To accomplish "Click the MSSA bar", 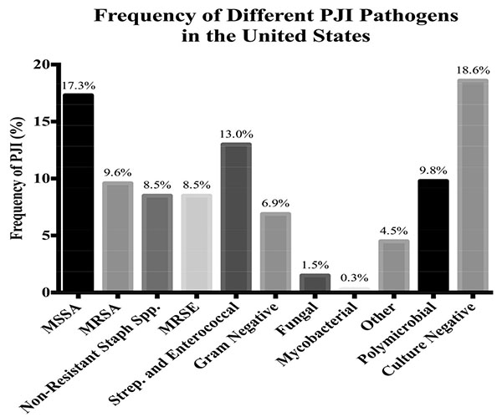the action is click(78, 192).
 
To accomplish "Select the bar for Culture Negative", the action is click(473, 185).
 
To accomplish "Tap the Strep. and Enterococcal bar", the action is click(236, 216).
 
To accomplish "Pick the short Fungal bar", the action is click(315, 282).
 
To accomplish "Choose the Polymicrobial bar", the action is click(433, 235).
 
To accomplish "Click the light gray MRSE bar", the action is click(197, 242).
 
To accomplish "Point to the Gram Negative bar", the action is click(275, 252).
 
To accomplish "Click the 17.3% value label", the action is click(79, 86).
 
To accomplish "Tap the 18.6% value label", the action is click(473, 71).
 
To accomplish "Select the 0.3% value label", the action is click(355, 278).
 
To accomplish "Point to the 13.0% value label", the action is click(236, 135).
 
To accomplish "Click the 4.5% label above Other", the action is click(394, 231).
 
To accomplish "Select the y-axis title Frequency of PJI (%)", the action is click(17, 179).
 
